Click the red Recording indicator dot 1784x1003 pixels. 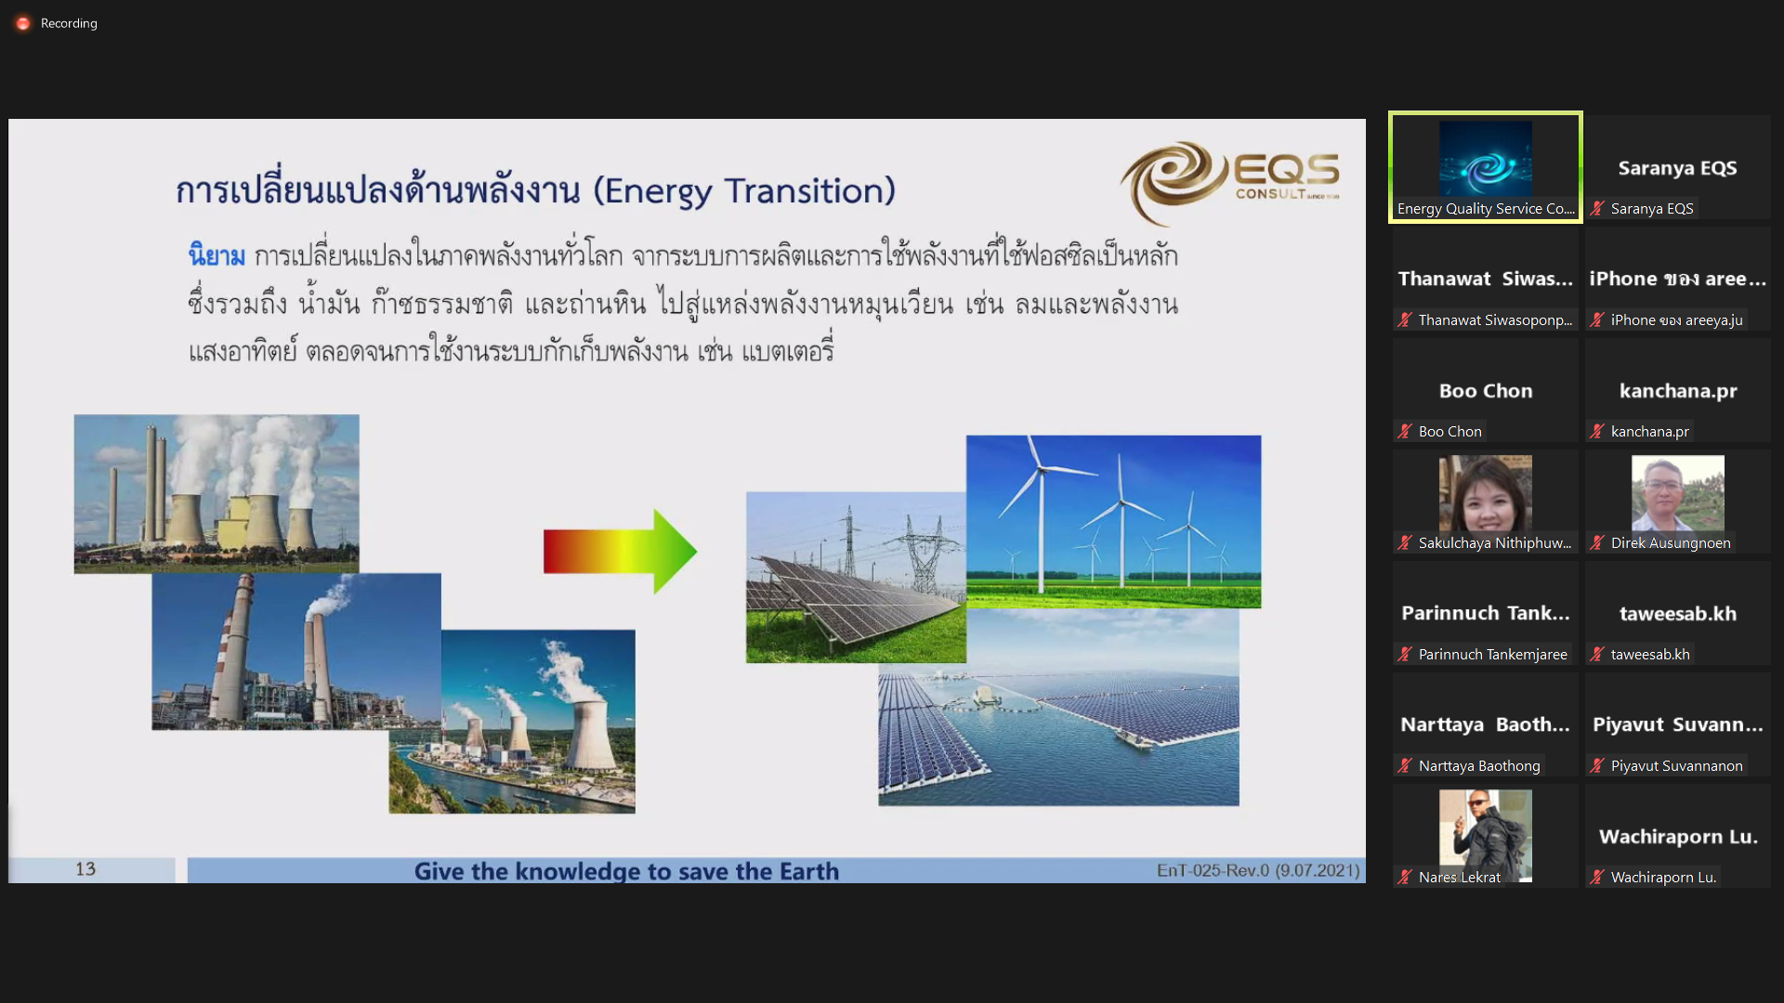click(23, 23)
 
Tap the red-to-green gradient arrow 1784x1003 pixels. click(620, 551)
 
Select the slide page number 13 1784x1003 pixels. click(85, 868)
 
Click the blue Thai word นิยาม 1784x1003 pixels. click(216, 255)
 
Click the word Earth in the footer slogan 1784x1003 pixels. click(808, 871)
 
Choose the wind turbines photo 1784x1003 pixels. click(1113, 521)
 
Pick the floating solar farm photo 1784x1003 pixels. click(1058, 707)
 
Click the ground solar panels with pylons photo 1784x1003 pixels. click(856, 577)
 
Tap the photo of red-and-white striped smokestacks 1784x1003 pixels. click(296, 651)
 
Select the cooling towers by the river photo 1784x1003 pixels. click(512, 722)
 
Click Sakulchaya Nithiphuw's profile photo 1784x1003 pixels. click(1485, 493)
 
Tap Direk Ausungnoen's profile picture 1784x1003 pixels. click(1677, 493)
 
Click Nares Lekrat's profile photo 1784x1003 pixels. click(1485, 831)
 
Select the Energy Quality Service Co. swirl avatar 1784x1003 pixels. click(1485, 159)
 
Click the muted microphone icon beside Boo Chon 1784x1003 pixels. click(1405, 431)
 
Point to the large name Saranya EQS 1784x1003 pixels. click(1677, 168)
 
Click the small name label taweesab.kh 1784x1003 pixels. click(1650, 654)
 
